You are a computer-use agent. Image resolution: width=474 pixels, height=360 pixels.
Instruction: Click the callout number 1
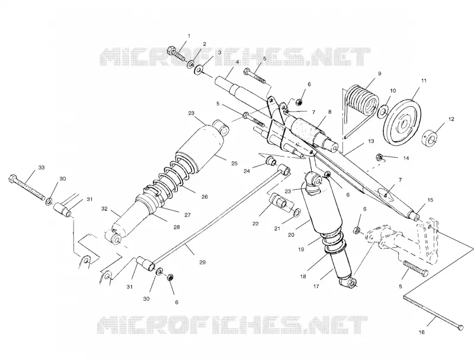[x=189, y=36]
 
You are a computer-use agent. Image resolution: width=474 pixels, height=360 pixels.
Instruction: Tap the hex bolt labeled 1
[x=177, y=54]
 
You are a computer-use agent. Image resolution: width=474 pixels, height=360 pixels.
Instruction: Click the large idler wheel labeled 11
[x=403, y=118]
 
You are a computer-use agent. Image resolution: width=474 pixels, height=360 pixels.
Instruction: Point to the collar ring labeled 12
[x=430, y=138]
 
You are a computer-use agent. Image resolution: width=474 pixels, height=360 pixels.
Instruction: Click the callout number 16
[x=422, y=332]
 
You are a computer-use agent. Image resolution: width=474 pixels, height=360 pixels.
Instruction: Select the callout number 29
[x=203, y=262]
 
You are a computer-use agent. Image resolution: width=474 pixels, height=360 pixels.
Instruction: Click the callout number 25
[x=234, y=164]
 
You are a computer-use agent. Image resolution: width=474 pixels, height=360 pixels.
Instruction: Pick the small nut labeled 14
[x=379, y=157]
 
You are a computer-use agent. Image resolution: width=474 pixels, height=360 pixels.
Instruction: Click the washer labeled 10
[x=382, y=111]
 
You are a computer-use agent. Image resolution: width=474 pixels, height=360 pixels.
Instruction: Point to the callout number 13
[x=371, y=141]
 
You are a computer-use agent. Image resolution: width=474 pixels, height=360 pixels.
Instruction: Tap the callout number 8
[x=329, y=112]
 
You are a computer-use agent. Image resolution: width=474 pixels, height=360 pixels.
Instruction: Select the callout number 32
[x=105, y=208]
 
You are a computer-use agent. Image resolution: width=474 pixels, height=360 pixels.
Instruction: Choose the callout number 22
[x=256, y=224]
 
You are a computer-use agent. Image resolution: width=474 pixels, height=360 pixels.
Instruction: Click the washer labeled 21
[x=296, y=212]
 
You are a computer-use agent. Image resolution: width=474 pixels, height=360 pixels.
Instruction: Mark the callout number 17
[x=316, y=286]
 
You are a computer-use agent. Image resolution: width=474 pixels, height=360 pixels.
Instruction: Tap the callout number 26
[x=204, y=197]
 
